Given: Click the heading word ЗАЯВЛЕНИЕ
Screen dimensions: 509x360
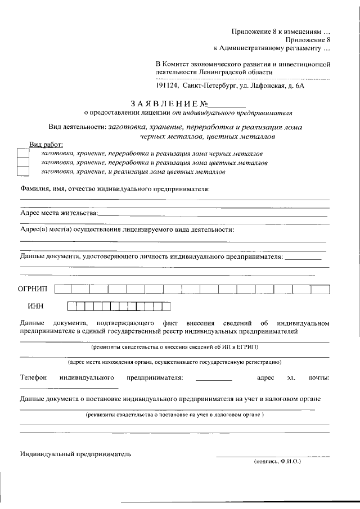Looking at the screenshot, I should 163,103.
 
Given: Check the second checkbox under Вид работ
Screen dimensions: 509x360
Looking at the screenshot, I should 23,163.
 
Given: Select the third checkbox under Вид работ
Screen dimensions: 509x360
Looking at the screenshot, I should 23,172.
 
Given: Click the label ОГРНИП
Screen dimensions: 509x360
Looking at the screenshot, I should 34,289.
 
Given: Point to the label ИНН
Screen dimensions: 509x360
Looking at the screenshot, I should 35,306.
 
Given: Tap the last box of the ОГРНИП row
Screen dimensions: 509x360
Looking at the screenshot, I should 321,289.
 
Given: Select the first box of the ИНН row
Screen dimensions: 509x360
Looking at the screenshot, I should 71,306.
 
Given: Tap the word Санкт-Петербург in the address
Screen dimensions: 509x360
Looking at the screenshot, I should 207,85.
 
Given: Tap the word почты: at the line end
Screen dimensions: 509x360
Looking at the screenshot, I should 318,376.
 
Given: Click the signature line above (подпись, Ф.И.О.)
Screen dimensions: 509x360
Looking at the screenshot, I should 273,455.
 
